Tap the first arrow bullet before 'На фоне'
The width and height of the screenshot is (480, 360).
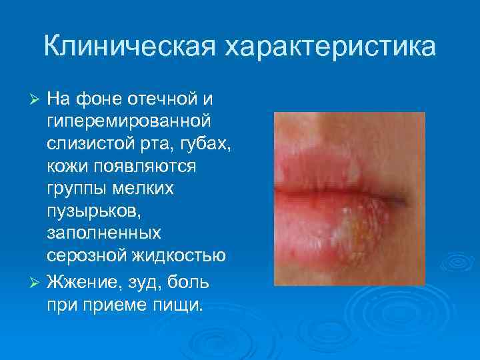37,99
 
